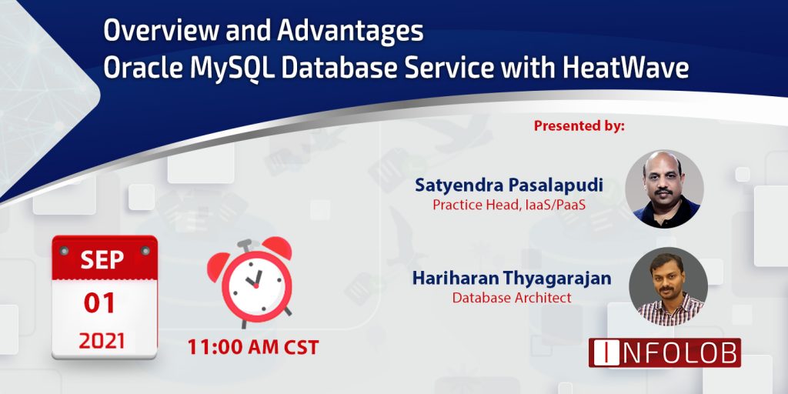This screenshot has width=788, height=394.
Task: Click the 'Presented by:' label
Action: (579, 125)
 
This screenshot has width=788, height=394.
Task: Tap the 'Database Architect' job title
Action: (512, 298)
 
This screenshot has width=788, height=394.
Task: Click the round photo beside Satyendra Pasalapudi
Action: (663, 189)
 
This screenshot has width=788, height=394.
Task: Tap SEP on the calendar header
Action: (104, 259)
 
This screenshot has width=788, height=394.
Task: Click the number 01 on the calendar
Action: (104, 302)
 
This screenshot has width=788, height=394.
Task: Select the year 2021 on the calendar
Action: (104, 340)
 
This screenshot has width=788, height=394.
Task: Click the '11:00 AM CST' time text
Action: (253, 346)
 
